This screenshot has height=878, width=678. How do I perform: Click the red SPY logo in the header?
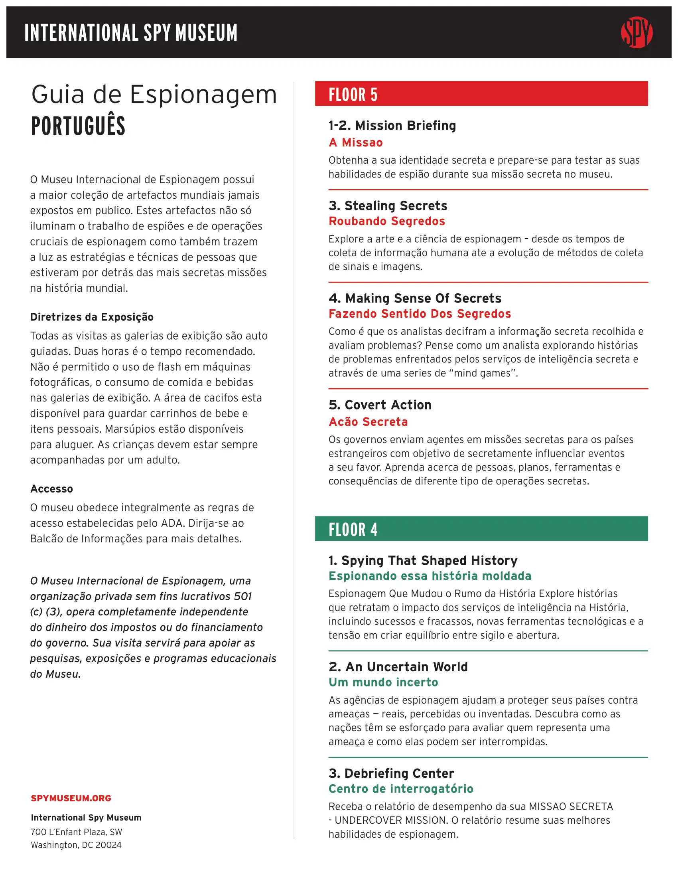click(x=636, y=33)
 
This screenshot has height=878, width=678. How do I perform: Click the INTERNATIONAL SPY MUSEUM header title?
click(x=131, y=33)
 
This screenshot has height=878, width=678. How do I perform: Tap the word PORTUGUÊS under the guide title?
click(x=78, y=125)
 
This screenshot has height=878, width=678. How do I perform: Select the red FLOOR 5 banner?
click(x=481, y=94)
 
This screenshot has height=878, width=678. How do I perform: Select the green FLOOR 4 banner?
click(x=481, y=529)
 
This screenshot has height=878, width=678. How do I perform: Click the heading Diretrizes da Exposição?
click(x=92, y=317)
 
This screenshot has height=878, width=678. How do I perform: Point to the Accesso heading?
click(x=51, y=489)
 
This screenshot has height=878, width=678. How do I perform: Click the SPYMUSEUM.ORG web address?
click(x=71, y=798)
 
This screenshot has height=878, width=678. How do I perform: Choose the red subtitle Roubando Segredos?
click(x=386, y=221)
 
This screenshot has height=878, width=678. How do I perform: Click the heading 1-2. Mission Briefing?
click(x=392, y=125)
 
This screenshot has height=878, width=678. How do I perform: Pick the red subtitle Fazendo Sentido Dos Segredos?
click(x=419, y=314)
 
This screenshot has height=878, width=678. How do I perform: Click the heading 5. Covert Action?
click(x=380, y=405)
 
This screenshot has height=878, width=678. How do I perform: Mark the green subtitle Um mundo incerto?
click(x=383, y=682)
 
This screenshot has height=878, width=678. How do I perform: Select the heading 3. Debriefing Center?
click(x=391, y=773)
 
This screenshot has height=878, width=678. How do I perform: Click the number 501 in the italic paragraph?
click(x=242, y=596)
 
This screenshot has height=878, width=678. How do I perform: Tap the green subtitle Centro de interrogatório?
click(x=401, y=789)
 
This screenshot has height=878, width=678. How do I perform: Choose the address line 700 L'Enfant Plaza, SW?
click(x=76, y=832)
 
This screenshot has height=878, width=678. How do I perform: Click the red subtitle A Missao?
click(x=355, y=142)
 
